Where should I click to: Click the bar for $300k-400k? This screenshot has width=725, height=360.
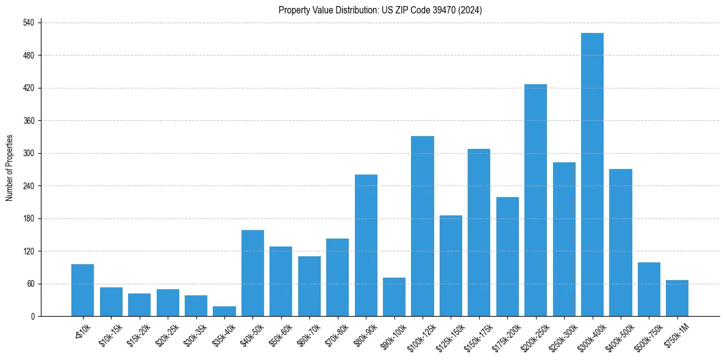click(592, 175)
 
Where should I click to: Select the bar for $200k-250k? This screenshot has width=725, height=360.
click(535, 200)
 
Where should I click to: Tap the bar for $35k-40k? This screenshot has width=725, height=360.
click(224, 311)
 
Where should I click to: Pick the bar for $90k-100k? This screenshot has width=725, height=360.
click(394, 297)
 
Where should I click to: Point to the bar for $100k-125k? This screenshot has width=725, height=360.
click(423, 226)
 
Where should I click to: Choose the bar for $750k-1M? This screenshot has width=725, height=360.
click(677, 298)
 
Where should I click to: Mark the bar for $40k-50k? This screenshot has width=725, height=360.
click(252, 273)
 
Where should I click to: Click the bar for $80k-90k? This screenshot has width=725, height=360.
click(366, 245)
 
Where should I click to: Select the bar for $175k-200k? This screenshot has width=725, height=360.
click(507, 257)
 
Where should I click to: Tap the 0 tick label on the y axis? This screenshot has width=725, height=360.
click(34, 317)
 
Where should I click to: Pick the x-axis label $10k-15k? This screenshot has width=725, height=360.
click(110, 333)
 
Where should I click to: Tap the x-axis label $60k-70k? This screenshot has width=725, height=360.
click(309, 333)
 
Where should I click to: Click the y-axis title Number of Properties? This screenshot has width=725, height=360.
click(9, 168)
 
